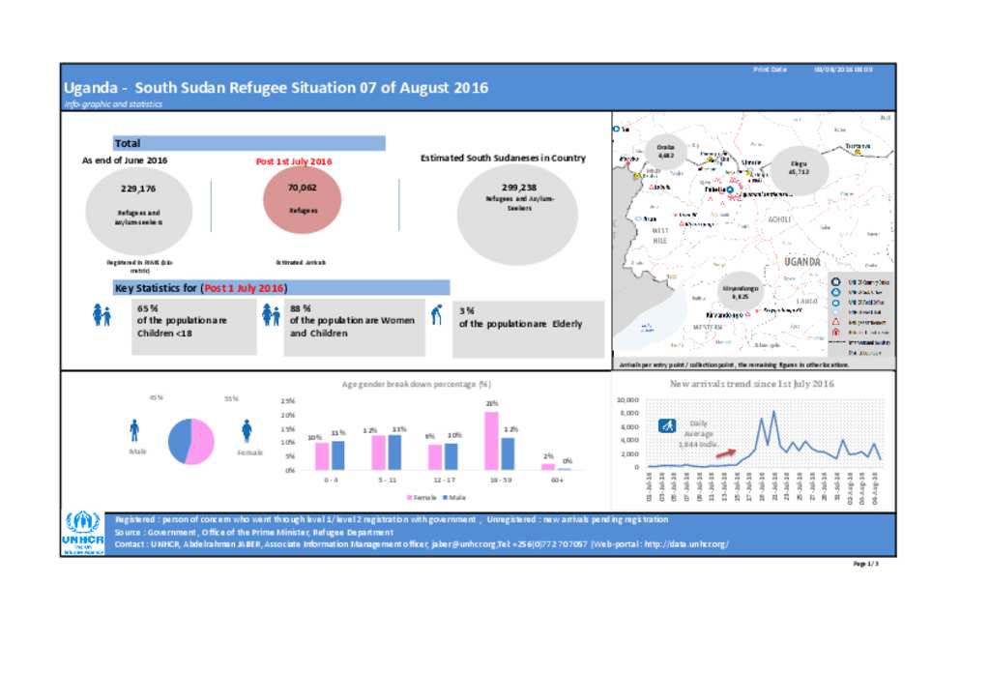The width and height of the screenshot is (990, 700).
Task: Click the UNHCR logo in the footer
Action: click(81, 533)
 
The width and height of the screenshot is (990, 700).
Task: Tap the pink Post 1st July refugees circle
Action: click(303, 199)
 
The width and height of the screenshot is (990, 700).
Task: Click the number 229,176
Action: click(138, 189)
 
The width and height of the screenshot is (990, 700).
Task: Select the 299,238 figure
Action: click(519, 188)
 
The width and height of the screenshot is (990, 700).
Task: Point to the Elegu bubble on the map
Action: click(799, 169)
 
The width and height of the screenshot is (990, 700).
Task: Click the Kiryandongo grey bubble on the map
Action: click(741, 292)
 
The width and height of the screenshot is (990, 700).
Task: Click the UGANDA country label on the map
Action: click(802, 262)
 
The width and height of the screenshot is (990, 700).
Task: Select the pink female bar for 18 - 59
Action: click(491, 440)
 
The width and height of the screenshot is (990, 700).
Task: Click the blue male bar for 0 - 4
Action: click(337, 454)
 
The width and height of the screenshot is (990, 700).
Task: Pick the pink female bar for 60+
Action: click(548, 466)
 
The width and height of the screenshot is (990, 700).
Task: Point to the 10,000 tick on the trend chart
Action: click(628, 399)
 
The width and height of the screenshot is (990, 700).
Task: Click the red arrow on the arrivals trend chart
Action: click(725, 452)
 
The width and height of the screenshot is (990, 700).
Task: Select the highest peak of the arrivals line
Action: click(773, 412)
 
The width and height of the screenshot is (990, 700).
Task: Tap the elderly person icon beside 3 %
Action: click(437, 314)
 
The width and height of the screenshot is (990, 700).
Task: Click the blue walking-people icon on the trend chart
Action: click(667, 425)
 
